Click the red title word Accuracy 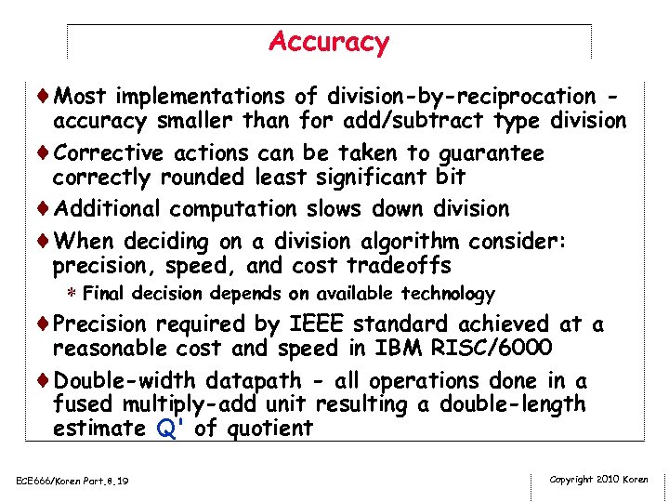329,42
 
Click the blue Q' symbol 175,429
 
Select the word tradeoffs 399,266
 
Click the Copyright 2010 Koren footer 598,480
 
